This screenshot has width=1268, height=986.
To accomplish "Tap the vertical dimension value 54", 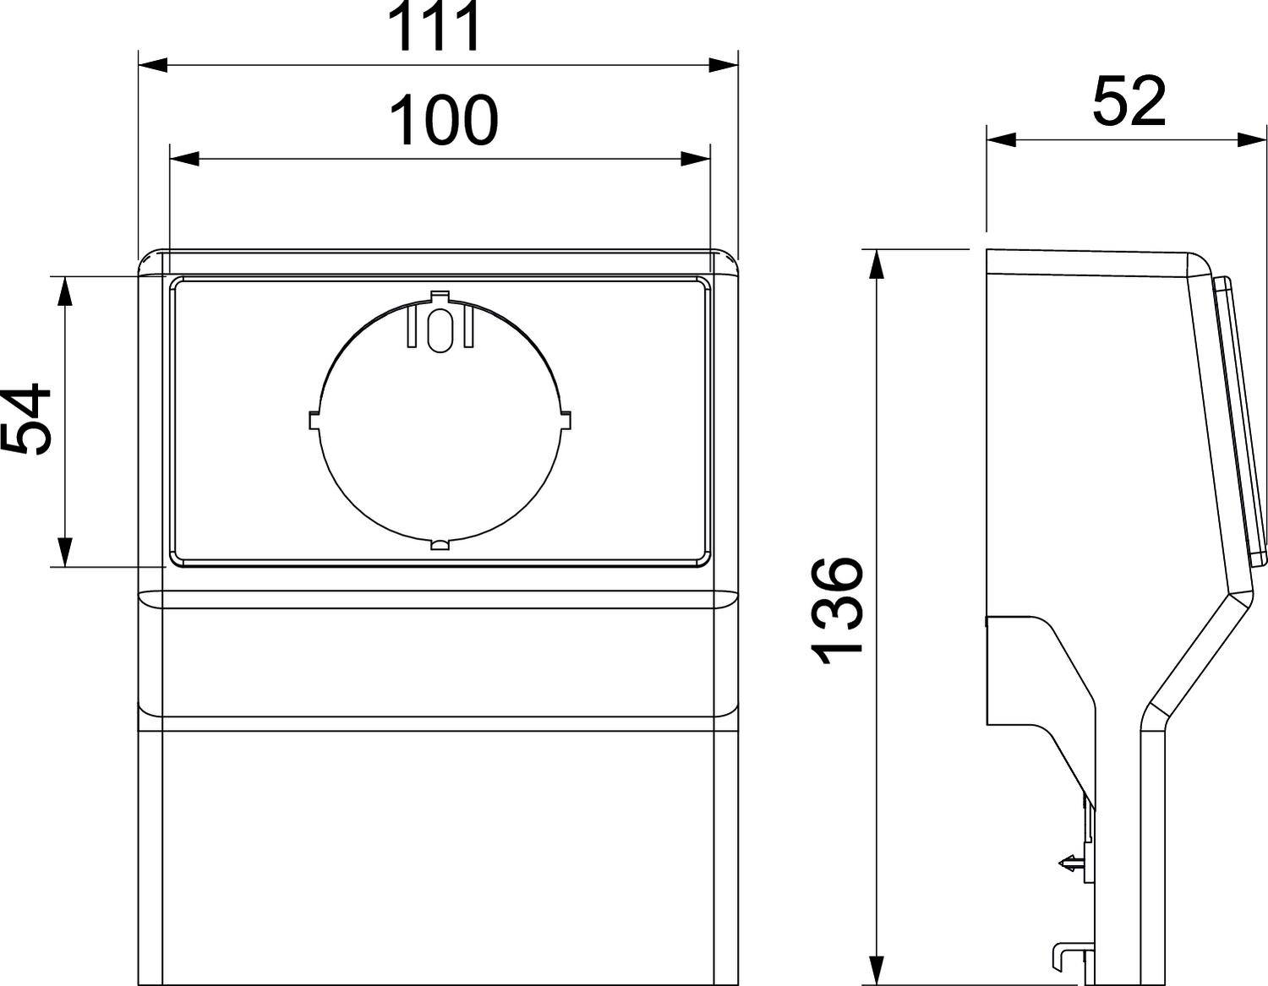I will (25, 420).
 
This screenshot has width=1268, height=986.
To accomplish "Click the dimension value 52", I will (1129, 101).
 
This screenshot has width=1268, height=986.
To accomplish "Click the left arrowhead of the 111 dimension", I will (153, 65).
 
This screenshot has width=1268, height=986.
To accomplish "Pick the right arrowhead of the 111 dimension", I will (724, 65).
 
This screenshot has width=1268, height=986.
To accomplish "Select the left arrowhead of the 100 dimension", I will (184, 158).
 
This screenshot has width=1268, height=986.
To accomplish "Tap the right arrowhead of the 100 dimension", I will (696, 158).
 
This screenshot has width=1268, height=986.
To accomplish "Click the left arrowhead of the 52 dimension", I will (1002, 139).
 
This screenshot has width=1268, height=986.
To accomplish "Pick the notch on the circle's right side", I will (565, 420).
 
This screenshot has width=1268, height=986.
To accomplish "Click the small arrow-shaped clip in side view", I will (1070, 863).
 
